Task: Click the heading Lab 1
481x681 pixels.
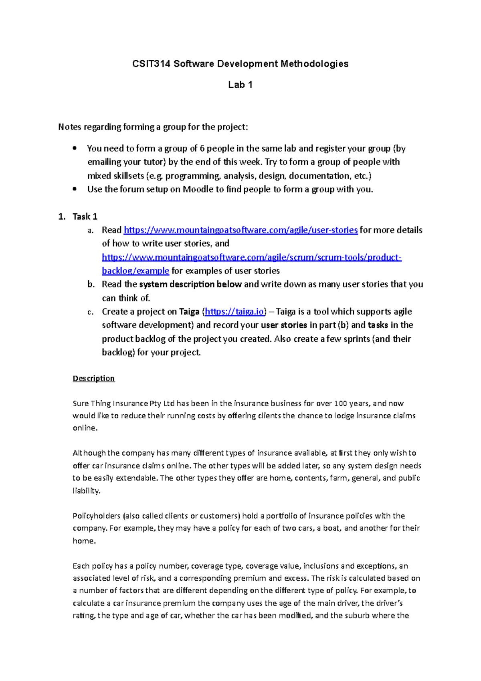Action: coord(240,85)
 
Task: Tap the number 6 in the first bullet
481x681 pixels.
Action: coord(202,148)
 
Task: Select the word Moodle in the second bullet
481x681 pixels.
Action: coord(198,189)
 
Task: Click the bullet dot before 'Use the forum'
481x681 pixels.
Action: coord(75,189)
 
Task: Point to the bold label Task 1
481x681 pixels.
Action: coord(85,217)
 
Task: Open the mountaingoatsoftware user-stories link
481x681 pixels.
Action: coord(240,230)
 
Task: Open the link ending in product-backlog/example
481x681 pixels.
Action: coord(251,257)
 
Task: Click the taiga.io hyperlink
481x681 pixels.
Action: coord(234,312)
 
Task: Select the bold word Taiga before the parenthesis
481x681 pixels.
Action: coord(189,312)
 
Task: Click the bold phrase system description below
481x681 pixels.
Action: coord(190,284)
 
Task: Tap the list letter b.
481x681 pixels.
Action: coord(91,284)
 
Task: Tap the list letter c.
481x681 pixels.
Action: coord(91,312)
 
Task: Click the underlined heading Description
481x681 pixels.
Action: coord(94,378)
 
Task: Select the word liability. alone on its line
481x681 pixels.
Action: coord(86,490)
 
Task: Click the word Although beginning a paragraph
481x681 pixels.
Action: coord(89,453)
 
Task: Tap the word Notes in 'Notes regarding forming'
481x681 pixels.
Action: coord(70,127)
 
